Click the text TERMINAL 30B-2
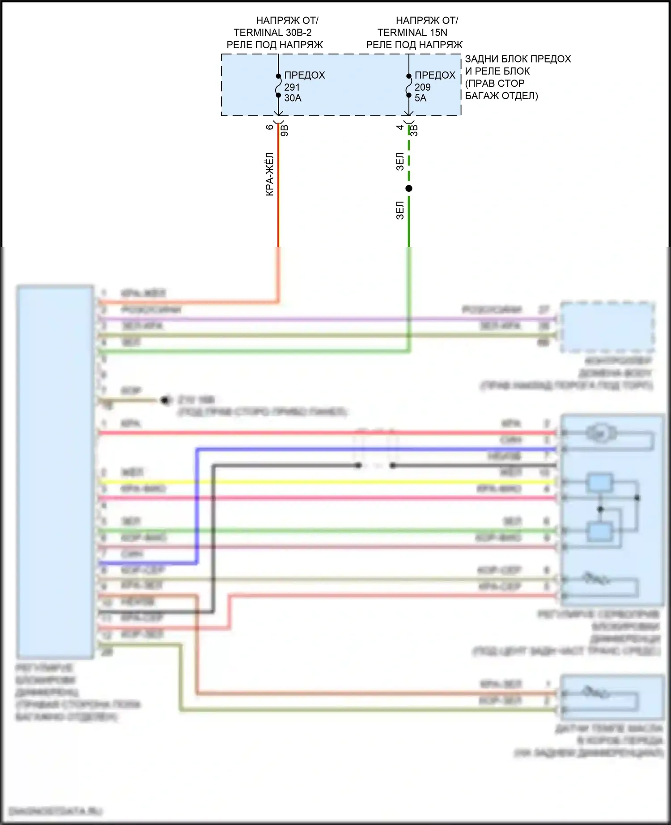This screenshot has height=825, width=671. click(x=272, y=33)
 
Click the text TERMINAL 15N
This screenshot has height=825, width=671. click(x=412, y=33)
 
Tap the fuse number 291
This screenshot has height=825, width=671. click(x=292, y=87)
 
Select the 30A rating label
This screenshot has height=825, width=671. click(x=293, y=98)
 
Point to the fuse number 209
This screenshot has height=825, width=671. click(x=422, y=87)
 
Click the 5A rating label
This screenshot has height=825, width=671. click(x=420, y=98)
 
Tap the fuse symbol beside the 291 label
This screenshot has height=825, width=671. click(x=278, y=86)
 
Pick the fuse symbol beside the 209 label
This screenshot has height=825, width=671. click(x=408, y=86)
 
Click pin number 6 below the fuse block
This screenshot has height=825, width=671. click(x=270, y=127)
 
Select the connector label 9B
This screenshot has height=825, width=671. click(x=285, y=130)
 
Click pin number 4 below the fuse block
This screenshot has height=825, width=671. click(x=400, y=127)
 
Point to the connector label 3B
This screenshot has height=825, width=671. click(x=415, y=130)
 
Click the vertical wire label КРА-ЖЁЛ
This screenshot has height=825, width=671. click(x=270, y=174)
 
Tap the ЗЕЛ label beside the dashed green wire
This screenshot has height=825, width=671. click(x=400, y=162)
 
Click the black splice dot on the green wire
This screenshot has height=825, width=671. click(x=409, y=189)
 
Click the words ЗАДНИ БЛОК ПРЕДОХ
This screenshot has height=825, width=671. click(x=518, y=59)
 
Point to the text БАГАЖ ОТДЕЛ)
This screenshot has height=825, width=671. click(x=501, y=96)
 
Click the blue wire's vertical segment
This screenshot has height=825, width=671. click(x=196, y=505)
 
